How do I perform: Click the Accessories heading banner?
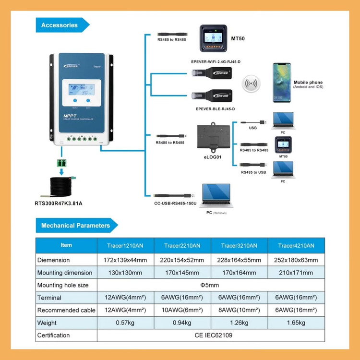[60, 25]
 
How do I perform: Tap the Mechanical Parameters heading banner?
[75, 225]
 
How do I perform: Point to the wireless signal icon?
[251, 84]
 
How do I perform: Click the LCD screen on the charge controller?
[81, 91]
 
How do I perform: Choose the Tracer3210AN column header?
[239, 245]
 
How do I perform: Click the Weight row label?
[47, 323]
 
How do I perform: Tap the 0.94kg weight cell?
[182, 323]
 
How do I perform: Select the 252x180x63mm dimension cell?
[296, 260]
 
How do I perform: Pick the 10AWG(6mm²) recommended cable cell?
[182, 310]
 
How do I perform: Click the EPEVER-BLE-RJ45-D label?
[215, 109]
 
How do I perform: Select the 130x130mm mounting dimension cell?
[125, 273]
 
